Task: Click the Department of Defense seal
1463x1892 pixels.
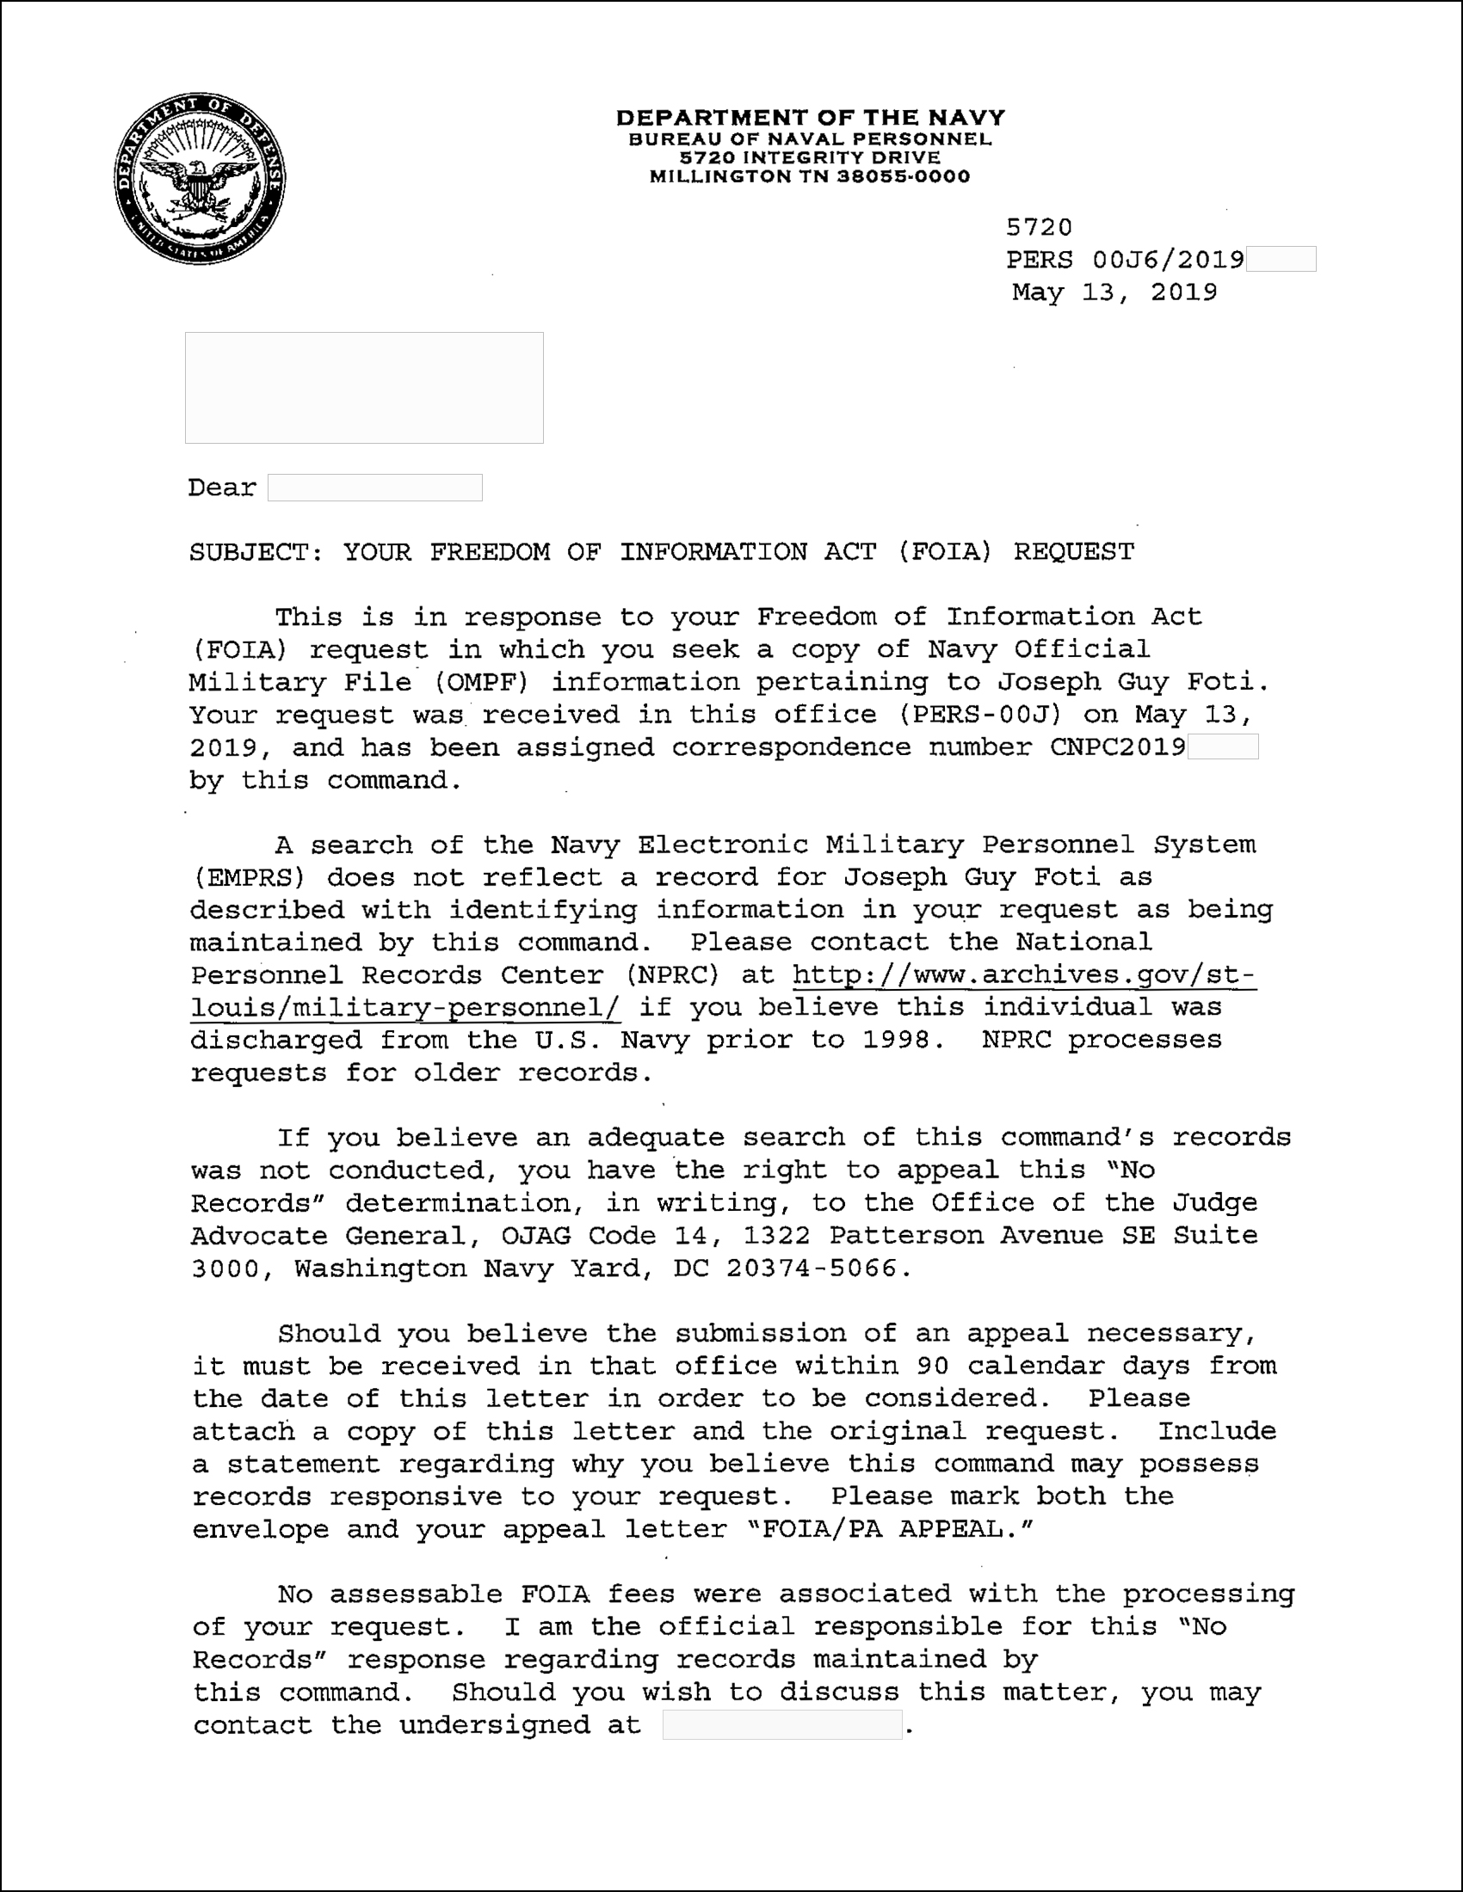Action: [x=201, y=179]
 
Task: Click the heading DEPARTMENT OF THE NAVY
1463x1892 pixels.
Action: [x=811, y=118]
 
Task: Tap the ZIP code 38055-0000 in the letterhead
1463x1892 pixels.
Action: [x=903, y=176]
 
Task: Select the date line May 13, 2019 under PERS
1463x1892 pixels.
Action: [x=1114, y=292]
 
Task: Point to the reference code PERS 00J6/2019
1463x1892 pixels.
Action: [x=1125, y=260]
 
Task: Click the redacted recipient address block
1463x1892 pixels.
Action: [x=364, y=387]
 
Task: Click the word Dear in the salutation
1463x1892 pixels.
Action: [x=222, y=488]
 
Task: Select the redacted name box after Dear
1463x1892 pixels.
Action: [x=374, y=488]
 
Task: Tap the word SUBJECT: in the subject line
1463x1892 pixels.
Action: [x=256, y=552]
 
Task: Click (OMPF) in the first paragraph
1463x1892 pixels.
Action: [x=482, y=683]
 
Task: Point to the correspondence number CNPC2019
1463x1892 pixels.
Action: [x=1118, y=747]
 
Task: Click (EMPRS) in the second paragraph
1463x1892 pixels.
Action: [x=248, y=877]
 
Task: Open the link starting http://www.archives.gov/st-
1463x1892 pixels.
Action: [x=1022, y=975]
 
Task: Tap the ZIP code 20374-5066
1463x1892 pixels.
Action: [x=812, y=1268]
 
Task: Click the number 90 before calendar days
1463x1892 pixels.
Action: [x=933, y=1367]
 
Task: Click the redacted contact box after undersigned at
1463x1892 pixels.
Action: [x=781, y=1725]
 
